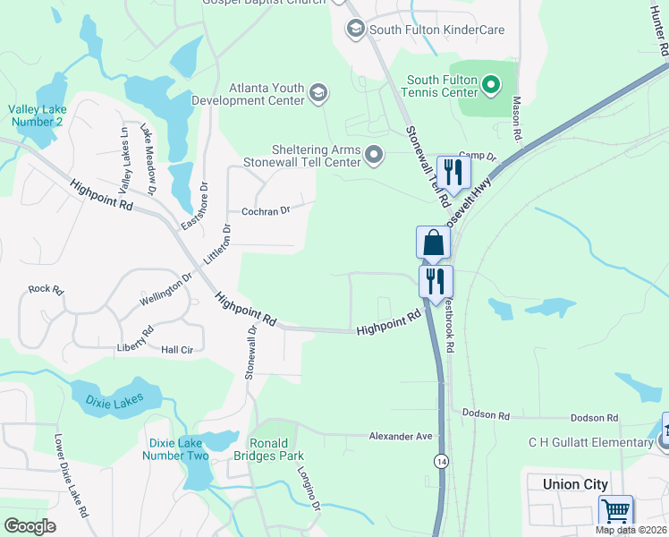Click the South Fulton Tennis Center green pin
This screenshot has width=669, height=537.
pyautogui.click(x=490, y=86)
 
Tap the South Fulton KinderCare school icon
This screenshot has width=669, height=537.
pyautogui.click(x=355, y=30)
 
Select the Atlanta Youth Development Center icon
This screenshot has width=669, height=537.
pyautogui.click(x=318, y=93)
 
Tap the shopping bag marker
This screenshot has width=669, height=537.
pyautogui.click(x=433, y=243)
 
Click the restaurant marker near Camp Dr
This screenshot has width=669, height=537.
pyautogui.click(x=453, y=172)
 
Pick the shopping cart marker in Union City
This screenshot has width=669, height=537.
pyautogui.click(x=616, y=511)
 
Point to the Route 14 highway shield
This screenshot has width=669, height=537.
pyautogui.click(x=441, y=460)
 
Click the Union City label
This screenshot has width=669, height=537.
pyautogui.click(x=575, y=484)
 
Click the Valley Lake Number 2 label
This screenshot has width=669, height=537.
pyautogui.click(x=36, y=115)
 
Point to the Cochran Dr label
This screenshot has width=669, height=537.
pyautogui.click(x=267, y=211)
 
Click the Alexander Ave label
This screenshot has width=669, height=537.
pyautogui.click(x=401, y=436)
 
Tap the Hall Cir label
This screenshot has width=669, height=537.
pyautogui.click(x=177, y=350)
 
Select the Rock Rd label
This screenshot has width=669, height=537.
pyautogui.click(x=47, y=289)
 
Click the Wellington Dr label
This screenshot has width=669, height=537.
pyautogui.click(x=166, y=290)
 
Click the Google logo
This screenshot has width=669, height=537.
pyautogui.click(x=30, y=526)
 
